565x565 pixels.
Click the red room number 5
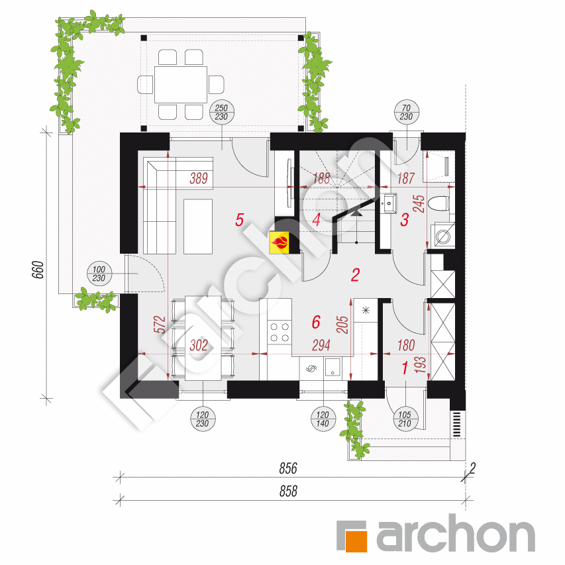click(x=240, y=219)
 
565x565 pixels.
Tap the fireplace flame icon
click(x=280, y=242)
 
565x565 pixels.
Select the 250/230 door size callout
click(x=222, y=113)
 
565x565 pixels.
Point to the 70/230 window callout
click(x=406, y=113)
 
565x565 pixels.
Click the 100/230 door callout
click(x=100, y=274)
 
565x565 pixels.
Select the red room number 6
click(x=316, y=322)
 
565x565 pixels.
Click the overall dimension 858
click(x=287, y=491)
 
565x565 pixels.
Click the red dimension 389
click(x=198, y=178)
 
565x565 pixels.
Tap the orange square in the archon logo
click(x=352, y=536)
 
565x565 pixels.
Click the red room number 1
click(x=405, y=368)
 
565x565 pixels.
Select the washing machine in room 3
click(x=442, y=235)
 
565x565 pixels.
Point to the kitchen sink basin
click(x=333, y=366)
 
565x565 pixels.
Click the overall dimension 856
click(x=287, y=468)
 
